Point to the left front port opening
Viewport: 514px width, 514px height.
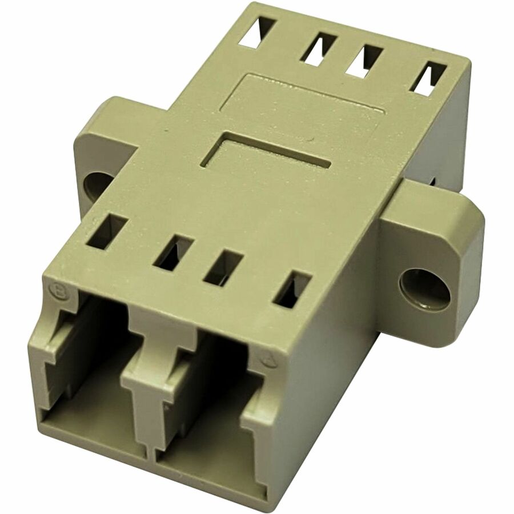pyautogui.click(x=86, y=366)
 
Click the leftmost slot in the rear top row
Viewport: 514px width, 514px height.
pyautogui.click(x=258, y=29)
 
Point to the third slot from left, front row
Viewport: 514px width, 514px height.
pyautogui.click(x=223, y=267)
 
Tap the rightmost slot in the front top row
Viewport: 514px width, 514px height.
pyautogui.click(x=291, y=289)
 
